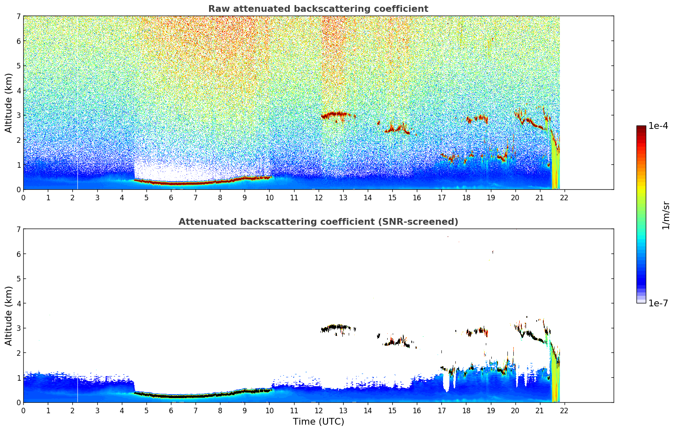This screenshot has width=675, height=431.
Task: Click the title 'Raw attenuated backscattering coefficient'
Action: [x=318, y=9]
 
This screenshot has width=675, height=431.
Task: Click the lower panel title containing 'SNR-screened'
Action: [x=318, y=222]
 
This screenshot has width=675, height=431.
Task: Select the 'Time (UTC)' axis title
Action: [x=318, y=422]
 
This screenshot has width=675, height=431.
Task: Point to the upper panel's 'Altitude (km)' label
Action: [x=9, y=103]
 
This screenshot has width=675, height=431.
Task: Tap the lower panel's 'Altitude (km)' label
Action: [x=9, y=316]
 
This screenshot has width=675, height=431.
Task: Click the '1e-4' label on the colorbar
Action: [x=658, y=126]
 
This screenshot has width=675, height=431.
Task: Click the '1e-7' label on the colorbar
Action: [x=658, y=303]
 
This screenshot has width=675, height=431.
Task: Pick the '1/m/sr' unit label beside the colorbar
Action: [x=666, y=215]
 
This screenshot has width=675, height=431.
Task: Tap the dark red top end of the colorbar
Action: [x=641, y=128]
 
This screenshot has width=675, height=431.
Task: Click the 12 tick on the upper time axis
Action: [x=318, y=197]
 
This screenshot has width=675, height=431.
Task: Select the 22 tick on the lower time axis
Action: [x=564, y=410]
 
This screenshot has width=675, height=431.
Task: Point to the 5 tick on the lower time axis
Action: [x=146, y=410]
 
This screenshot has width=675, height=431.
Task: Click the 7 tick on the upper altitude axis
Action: [x=18, y=16]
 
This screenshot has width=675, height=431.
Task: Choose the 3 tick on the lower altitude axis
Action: [x=18, y=328]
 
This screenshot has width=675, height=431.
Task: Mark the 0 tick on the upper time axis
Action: [x=23, y=197]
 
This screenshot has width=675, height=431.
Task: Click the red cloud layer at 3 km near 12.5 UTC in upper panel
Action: [x=334, y=115]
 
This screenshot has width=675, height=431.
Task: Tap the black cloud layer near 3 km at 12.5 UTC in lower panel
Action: [x=334, y=327]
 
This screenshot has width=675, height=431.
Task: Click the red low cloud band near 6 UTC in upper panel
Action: [x=171, y=183]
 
